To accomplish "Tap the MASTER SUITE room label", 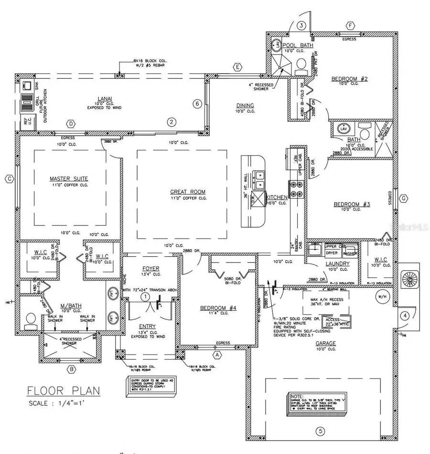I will click(69, 179).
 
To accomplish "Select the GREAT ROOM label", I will click(188, 192).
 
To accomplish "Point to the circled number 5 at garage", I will click(321, 431).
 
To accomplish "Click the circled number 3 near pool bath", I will click(301, 25).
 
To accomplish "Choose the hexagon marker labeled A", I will click(217, 355).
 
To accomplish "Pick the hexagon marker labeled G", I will click(404, 198).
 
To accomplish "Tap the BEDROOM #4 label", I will click(218, 308).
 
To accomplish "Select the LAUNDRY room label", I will click(338, 264).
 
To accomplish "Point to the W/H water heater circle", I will click(381, 295).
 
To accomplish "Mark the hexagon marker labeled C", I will click(8, 179).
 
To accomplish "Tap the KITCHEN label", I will click(276, 197).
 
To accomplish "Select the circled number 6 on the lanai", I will click(195, 104).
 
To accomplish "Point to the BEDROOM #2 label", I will click(348, 79).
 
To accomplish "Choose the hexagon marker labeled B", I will click(71, 369).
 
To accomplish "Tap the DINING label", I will click(245, 106).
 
